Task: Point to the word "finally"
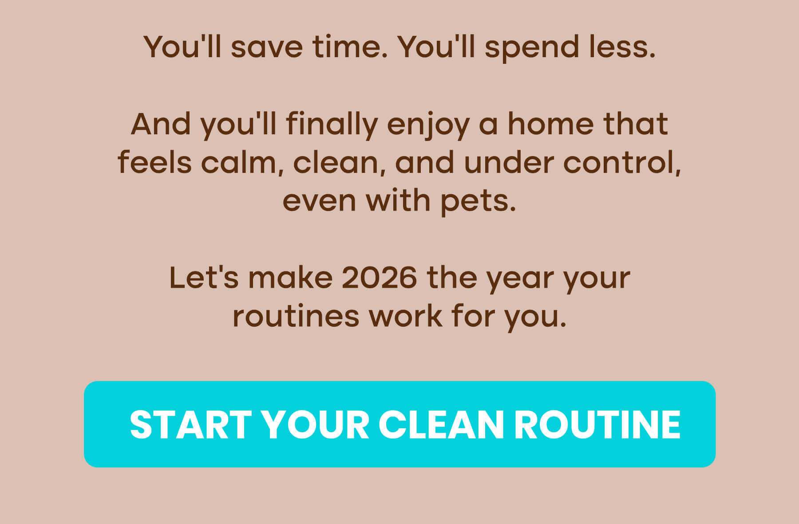coord(332,125)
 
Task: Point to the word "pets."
coord(478,202)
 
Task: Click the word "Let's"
coord(204,278)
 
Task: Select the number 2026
coord(380,278)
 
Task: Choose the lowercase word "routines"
coord(296,317)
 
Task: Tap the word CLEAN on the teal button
coord(441,425)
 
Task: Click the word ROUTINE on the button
coord(597,425)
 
